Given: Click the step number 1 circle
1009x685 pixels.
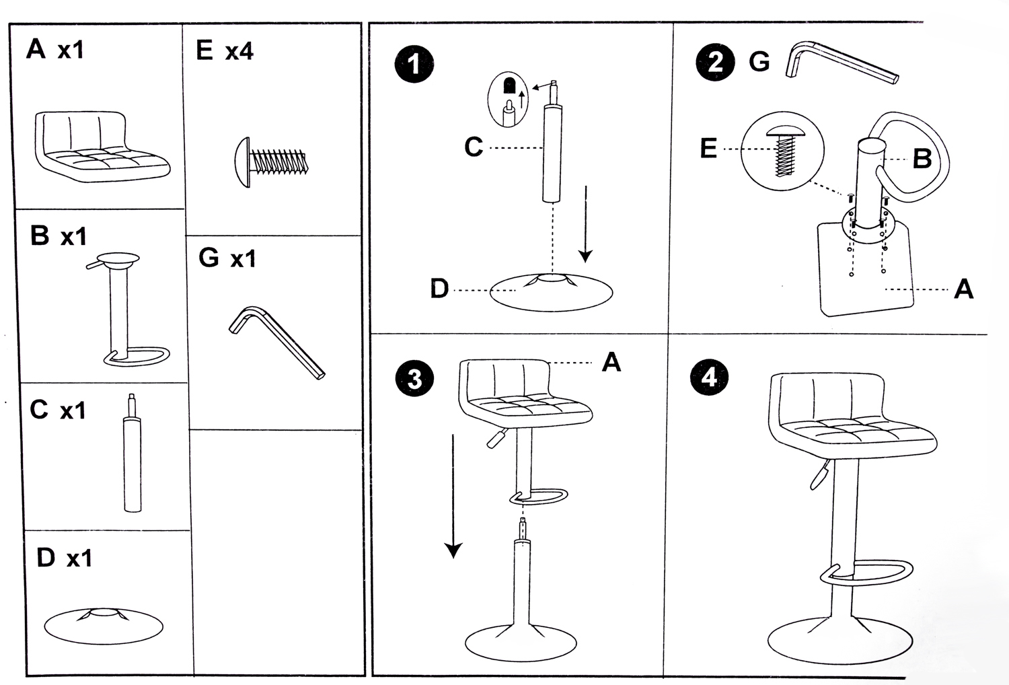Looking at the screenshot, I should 414,65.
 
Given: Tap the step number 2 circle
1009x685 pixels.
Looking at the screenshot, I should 715,62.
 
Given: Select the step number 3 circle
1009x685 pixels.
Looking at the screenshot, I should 414,378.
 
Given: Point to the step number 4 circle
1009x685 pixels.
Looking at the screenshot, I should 709,377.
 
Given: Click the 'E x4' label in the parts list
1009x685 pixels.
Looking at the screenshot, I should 224,51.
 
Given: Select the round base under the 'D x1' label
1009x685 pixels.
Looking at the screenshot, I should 104,625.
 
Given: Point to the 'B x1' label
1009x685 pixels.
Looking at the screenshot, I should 59,236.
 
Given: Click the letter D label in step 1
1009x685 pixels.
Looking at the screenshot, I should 439,289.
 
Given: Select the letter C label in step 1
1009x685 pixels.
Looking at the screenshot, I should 474,147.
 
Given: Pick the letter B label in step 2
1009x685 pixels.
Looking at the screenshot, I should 922,159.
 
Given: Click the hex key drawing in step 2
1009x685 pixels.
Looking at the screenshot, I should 841,63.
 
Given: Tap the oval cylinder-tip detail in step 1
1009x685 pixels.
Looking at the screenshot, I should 509,101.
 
